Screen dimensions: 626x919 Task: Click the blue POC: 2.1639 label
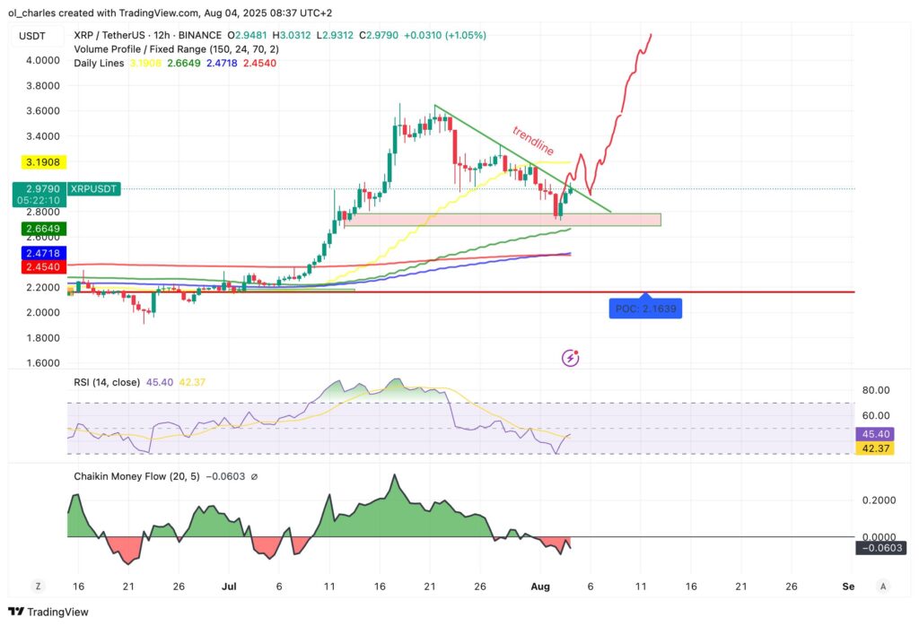646,309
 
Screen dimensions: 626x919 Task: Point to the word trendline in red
533,140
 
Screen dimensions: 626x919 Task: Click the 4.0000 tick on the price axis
42,60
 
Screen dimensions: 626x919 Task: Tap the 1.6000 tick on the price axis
42,363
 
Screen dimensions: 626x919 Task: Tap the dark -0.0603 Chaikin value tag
880,548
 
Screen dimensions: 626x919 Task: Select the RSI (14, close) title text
107,382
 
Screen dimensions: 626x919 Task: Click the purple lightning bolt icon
570,359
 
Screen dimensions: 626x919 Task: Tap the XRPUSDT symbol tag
96,189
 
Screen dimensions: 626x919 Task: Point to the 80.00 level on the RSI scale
875,390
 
